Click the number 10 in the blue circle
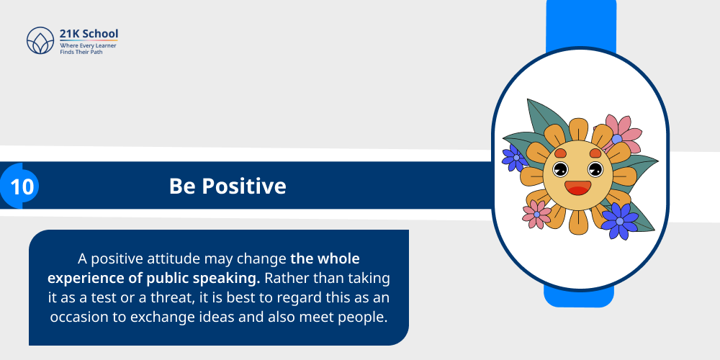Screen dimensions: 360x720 pos(22,186)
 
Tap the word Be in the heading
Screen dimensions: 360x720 pos(182,186)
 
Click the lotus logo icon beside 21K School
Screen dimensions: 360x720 pos(40,41)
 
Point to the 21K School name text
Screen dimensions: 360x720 pos(89,34)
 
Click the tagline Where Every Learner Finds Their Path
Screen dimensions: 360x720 pos(88,49)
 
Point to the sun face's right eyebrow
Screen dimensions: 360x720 pos(595,153)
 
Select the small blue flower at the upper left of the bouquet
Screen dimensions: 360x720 pos(514,157)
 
